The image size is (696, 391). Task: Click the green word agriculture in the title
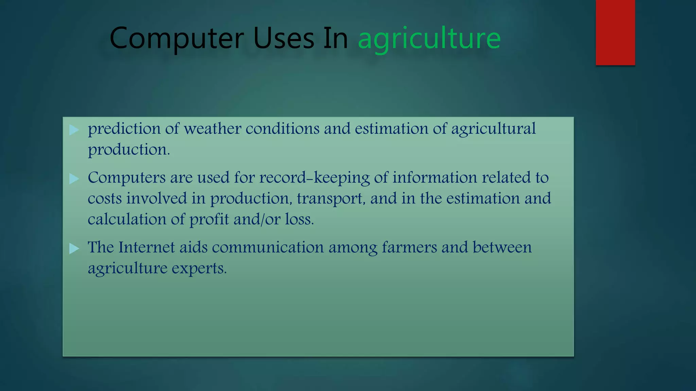tap(429, 39)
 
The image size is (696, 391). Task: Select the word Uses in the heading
tap(284, 39)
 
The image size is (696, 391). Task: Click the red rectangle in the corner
tap(615, 32)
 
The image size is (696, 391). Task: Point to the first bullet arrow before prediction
tap(74, 130)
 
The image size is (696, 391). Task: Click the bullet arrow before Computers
tap(74, 179)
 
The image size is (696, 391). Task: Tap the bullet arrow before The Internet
tap(74, 248)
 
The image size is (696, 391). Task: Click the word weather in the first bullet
tap(212, 129)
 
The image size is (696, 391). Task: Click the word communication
tap(268, 247)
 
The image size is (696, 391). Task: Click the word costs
tap(105, 199)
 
